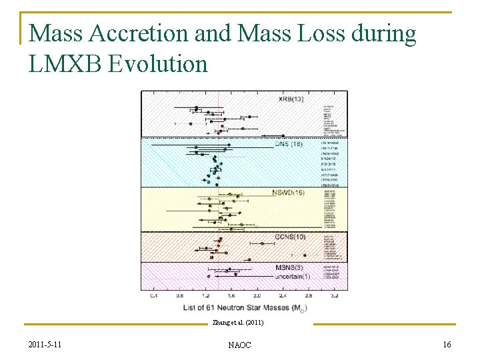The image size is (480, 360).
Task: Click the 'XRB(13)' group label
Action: point(291,99)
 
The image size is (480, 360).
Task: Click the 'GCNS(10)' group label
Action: point(291,237)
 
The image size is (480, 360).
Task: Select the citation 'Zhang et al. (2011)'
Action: point(238,323)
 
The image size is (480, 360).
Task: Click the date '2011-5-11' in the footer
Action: point(47,343)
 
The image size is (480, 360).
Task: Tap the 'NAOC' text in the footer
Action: point(239,344)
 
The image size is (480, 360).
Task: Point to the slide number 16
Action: point(447,343)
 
